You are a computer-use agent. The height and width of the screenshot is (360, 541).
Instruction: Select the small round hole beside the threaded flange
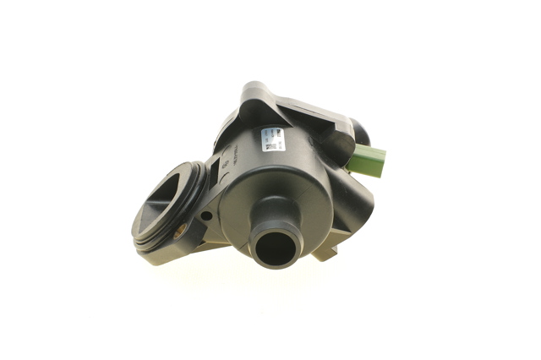pyautogui.click(x=206, y=215)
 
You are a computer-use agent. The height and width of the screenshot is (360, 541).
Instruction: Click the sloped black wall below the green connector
pyautogui.click(x=355, y=203)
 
